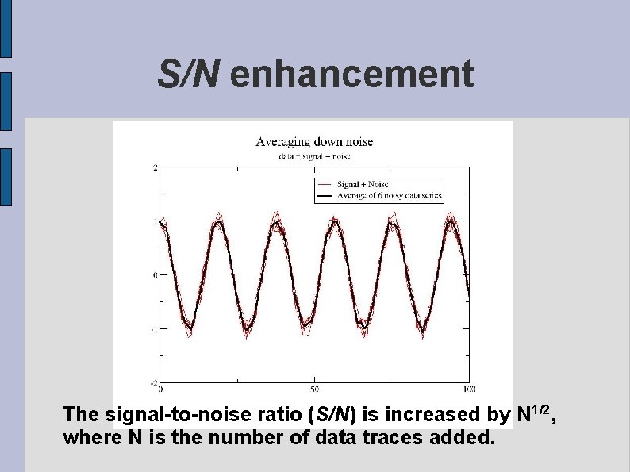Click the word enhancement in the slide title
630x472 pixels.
[351, 75]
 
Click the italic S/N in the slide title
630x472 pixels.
[189, 75]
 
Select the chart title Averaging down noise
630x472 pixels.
[313, 142]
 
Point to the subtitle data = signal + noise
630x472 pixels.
[313, 156]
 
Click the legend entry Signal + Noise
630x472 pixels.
[363, 184]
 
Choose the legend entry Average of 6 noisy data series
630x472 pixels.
[389, 195]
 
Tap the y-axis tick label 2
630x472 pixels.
[156, 167]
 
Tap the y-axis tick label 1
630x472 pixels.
[156, 221]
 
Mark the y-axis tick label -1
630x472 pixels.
[154, 329]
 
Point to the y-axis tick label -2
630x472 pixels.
[154, 384]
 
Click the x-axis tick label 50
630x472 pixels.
[314, 389]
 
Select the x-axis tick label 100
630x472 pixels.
[468, 389]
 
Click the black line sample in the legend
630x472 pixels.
[324, 195]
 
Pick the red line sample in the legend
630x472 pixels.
[324, 184]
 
